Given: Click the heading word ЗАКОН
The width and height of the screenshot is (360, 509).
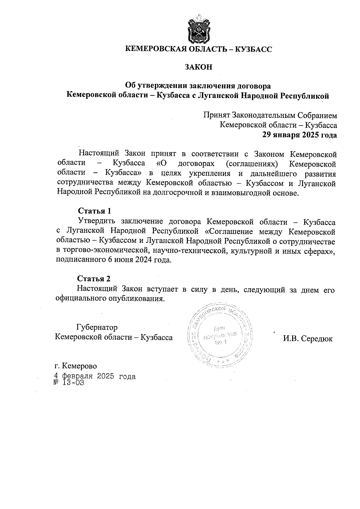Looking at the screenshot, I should point(198,67).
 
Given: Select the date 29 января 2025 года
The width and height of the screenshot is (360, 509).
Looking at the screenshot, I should point(300,135).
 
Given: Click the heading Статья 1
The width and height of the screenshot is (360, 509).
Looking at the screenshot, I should point(94,211).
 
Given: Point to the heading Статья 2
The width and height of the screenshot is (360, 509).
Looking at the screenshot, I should point(94,279).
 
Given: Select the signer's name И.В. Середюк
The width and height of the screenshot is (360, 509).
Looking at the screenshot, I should point(307,339).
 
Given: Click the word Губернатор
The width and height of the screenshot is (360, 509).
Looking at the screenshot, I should point(97,327).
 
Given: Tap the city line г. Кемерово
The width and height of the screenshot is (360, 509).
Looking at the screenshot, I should point(76,366).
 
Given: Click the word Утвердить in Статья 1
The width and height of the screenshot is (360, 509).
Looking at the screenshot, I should point(97,222).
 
